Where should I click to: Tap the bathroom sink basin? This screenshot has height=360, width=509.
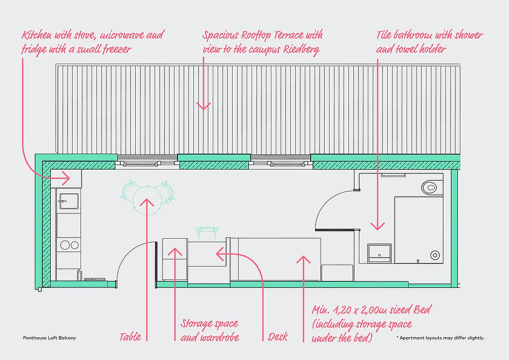click(x=379, y=253)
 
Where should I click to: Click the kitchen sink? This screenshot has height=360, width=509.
click(x=69, y=201)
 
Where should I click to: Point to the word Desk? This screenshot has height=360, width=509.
click(x=278, y=337)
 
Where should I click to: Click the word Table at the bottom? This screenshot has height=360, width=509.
click(x=130, y=337)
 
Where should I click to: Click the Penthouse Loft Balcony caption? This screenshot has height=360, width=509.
click(x=49, y=338)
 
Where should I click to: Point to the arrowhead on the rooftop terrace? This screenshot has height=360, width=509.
click(x=203, y=106)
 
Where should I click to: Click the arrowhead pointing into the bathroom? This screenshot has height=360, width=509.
click(x=378, y=226)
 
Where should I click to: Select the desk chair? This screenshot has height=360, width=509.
click(x=207, y=233)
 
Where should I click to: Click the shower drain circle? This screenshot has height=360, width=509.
click(x=435, y=255)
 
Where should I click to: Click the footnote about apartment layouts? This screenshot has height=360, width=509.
click(x=440, y=338)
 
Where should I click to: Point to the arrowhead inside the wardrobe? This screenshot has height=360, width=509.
click(x=175, y=252)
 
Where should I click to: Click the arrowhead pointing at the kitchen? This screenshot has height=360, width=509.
click(x=66, y=178)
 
